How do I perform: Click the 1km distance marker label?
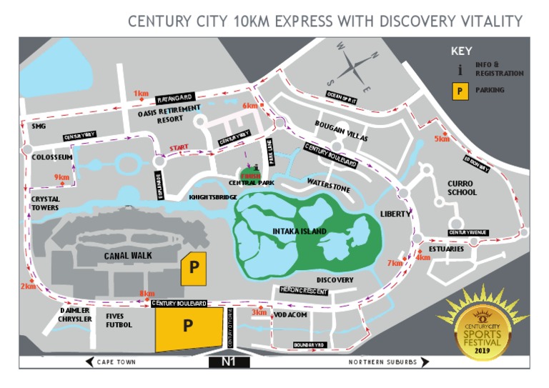[141, 93]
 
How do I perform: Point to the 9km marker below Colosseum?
[61, 177]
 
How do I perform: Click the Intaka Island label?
[299, 232]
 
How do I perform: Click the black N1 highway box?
[229, 362]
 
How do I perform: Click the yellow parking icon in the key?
[460, 91]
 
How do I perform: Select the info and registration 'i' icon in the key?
[460, 70]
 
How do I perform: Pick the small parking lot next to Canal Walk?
[193, 268]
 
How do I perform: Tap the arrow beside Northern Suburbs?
[425, 362]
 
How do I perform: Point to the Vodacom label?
[290, 314]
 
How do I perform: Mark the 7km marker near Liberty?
[395, 263]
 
